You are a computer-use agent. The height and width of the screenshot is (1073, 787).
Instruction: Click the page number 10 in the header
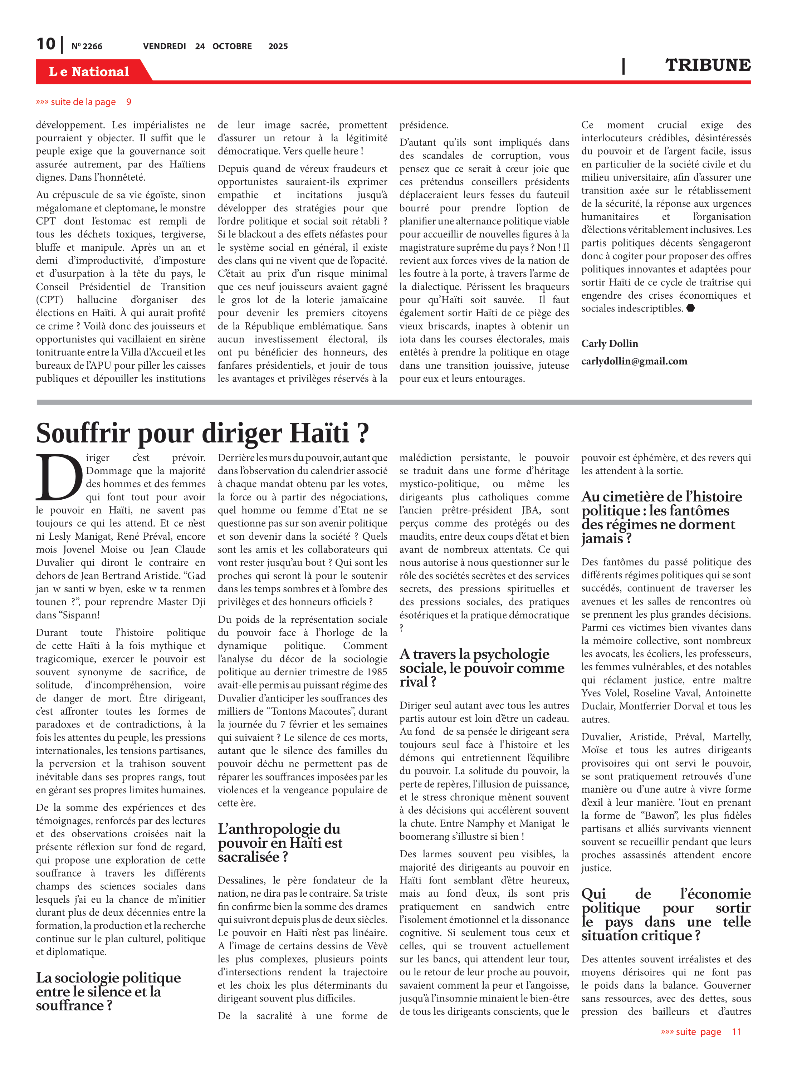click(46, 44)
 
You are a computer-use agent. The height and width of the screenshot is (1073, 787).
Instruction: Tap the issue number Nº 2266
click(87, 46)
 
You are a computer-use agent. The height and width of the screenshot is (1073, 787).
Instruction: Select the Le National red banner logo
click(89, 72)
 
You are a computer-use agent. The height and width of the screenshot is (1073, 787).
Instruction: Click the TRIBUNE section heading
click(708, 65)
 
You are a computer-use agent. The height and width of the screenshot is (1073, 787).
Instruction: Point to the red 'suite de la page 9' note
click(83, 102)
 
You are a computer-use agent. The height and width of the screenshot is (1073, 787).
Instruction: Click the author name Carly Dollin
click(609, 343)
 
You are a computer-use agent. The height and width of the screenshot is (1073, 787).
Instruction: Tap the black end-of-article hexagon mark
click(690, 308)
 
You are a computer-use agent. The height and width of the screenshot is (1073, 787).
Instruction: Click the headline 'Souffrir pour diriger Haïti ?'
click(202, 432)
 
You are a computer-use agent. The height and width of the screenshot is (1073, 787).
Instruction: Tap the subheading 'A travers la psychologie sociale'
click(481, 668)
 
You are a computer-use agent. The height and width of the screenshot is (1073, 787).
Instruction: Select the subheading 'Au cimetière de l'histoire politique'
click(661, 517)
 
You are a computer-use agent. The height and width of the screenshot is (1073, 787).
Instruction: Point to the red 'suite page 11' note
click(701, 1032)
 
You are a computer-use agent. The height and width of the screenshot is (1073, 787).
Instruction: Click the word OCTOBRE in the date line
click(232, 46)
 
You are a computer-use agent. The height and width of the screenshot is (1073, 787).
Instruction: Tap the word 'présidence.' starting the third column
click(424, 125)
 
